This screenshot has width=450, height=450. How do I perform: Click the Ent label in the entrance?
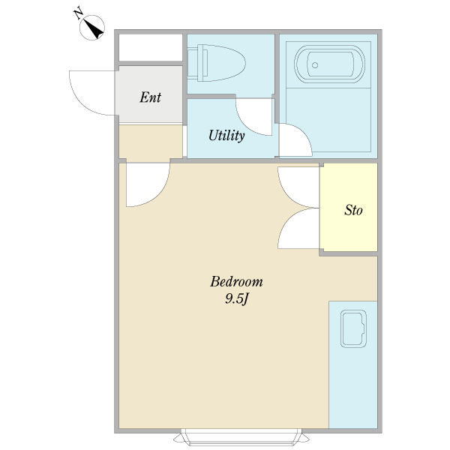click(x=151, y=97)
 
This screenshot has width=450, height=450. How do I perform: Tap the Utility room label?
click(x=226, y=136)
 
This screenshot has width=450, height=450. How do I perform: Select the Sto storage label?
click(x=353, y=210)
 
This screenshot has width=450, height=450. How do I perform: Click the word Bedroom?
click(x=236, y=281)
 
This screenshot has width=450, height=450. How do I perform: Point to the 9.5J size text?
click(x=236, y=299)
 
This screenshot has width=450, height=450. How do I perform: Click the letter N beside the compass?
click(x=78, y=14)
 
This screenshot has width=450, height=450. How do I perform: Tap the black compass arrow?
click(x=94, y=29)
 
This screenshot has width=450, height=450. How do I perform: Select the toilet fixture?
click(x=217, y=63)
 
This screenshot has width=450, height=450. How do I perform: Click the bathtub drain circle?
click(x=315, y=65)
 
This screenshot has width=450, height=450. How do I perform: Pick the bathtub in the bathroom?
click(x=329, y=64)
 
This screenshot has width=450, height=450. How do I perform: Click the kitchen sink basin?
click(x=353, y=328)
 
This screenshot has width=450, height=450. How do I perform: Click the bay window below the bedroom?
click(x=241, y=436)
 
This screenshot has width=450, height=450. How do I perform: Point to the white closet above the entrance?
click(x=151, y=47)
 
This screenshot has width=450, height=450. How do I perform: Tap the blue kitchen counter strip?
click(x=353, y=364)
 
